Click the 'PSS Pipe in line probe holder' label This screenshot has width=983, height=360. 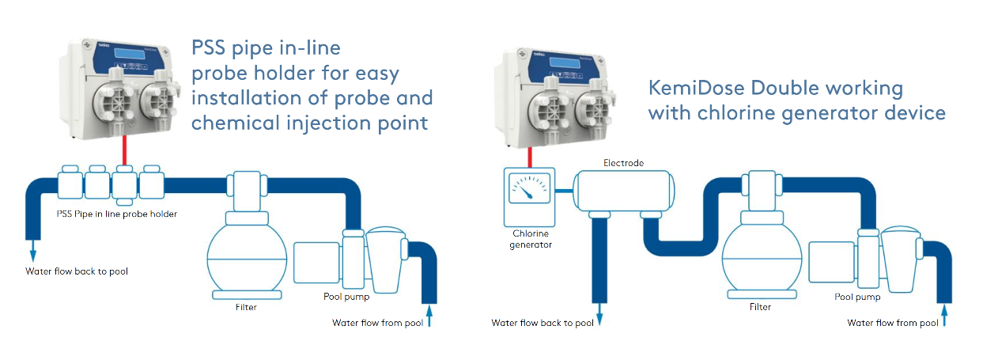[117, 214]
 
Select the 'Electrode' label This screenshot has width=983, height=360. [624, 163]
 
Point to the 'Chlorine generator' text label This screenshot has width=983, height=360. [530, 239]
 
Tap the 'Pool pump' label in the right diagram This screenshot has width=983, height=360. [858, 297]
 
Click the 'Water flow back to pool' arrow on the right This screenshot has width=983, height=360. [599, 317]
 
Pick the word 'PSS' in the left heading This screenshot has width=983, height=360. [214, 48]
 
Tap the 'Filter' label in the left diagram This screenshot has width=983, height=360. [246, 307]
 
